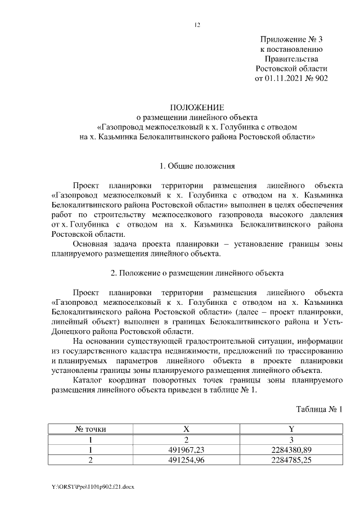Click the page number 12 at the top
pyautogui.click(x=197, y=24)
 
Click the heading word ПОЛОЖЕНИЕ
pyautogui.click(x=197, y=107)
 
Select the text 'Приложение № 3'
pyautogui.click(x=291, y=39)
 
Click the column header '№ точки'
pyautogui.click(x=91, y=429)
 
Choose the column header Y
pyautogui.click(x=291, y=429)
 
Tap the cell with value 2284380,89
pyautogui.click(x=291, y=449)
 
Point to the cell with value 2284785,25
pyautogui.click(x=291, y=460)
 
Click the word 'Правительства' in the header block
pyautogui.click(x=291, y=58)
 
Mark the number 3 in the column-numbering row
pyautogui.click(x=291, y=439)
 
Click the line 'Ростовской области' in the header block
pyautogui.click(x=291, y=68)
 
